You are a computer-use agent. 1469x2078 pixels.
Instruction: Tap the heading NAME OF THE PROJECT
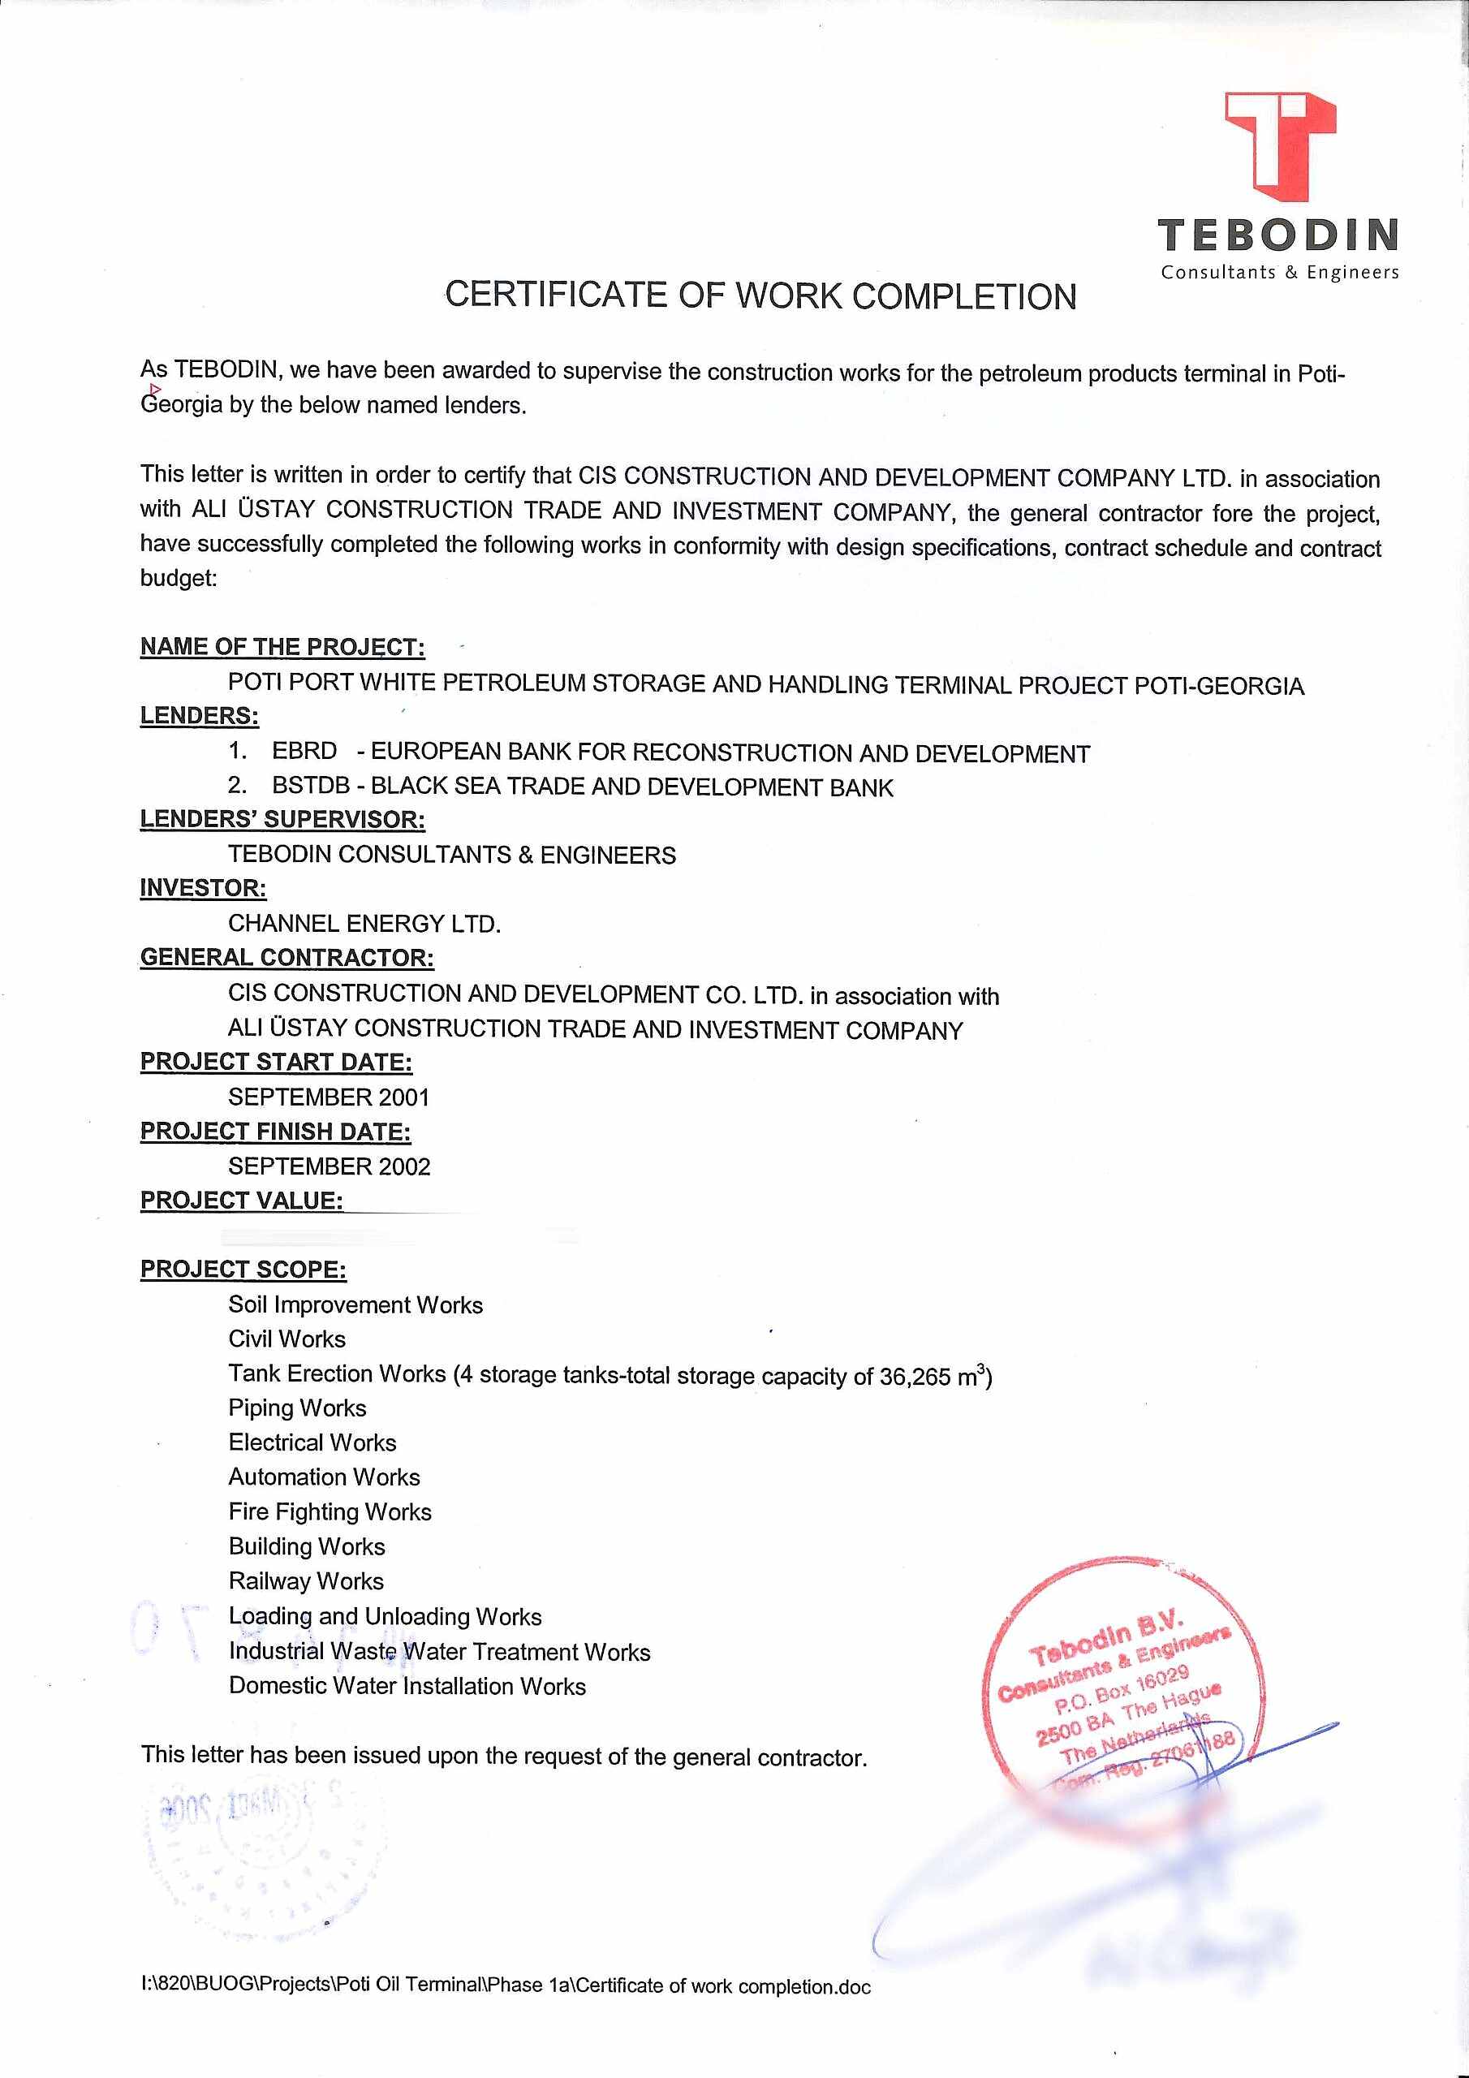point(282,647)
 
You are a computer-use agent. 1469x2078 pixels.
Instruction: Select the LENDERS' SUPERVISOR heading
point(282,820)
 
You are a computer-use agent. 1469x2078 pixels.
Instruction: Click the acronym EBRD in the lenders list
point(304,751)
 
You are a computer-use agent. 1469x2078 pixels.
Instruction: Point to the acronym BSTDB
point(311,786)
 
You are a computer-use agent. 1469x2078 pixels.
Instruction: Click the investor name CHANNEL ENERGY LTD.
point(364,924)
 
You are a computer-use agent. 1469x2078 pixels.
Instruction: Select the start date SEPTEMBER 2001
point(329,1097)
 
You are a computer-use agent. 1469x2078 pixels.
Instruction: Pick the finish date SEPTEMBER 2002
point(329,1166)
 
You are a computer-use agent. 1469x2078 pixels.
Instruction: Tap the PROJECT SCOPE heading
point(243,1270)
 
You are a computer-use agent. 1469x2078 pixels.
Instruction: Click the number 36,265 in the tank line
point(914,1377)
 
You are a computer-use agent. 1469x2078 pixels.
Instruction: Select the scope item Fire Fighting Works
point(330,1511)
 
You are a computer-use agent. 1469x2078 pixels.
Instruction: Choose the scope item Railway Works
point(306,1581)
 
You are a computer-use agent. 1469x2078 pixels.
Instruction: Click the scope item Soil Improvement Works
point(355,1304)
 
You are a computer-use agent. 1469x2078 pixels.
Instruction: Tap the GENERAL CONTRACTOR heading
point(286,958)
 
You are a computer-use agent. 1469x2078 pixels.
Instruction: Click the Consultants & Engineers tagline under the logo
point(1279,273)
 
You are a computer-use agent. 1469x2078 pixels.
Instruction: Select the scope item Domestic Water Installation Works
point(407,1686)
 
